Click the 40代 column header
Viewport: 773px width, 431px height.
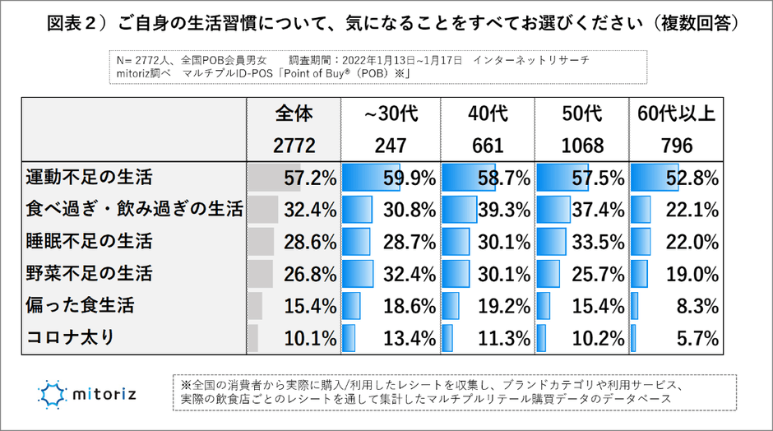[x=488, y=114]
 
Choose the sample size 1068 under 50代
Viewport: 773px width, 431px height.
[x=581, y=146]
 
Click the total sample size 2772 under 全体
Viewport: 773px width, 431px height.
[x=294, y=146]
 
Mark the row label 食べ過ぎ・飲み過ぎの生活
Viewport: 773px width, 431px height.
[x=134, y=210]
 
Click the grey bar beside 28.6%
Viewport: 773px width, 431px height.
[x=261, y=242]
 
